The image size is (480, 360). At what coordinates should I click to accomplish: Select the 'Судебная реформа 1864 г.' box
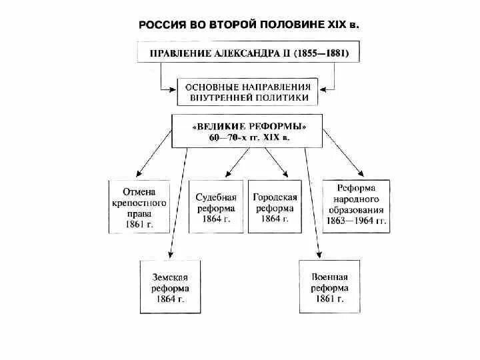[216, 206]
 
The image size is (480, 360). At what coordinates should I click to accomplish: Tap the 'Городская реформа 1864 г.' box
[275, 206]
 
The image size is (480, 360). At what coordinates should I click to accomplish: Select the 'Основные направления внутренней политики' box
[247, 92]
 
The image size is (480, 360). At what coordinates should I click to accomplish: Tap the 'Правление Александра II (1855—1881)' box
[247, 52]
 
